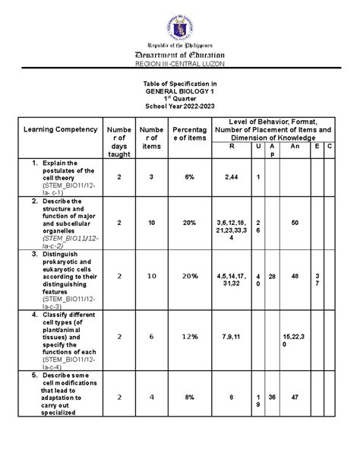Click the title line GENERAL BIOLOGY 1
click(x=180, y=90)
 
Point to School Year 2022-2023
click(x=180, y=106)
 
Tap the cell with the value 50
click(x=295, y=222)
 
